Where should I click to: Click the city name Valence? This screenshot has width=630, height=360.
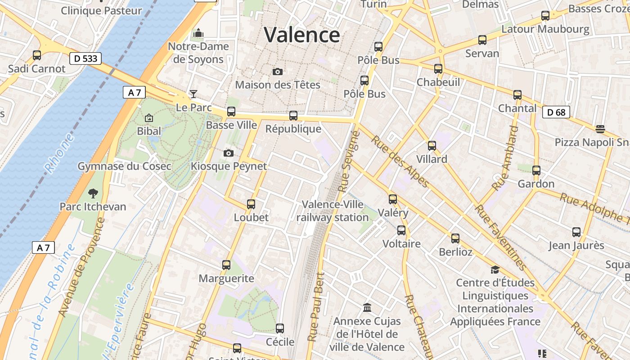pos(301,35)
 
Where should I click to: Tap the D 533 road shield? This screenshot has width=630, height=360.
pos(85,58)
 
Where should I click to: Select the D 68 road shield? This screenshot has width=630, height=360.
pos(556,112)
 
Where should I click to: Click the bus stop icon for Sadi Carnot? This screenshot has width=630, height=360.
pos(37,55)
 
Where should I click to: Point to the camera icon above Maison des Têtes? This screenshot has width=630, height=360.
pos(278,72)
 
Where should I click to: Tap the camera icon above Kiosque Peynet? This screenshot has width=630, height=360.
pos(229,153)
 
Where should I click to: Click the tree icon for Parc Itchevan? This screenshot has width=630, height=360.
pos(93,193)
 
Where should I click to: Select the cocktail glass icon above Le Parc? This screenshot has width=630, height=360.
pos(193,94)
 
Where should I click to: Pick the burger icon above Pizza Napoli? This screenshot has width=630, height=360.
pos(599,129)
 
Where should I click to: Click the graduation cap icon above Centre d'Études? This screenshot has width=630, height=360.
pos(495,270)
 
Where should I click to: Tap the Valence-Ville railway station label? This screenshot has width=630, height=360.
pos(333,211)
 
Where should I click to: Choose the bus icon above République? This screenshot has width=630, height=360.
pos(293,116)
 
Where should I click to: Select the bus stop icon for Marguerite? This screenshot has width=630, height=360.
pos(226,265)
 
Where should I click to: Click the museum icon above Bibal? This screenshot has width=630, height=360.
pos(149,118)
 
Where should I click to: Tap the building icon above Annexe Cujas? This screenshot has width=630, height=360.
pos(367,308)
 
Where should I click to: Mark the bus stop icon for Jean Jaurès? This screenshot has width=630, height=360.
pos(576,232)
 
